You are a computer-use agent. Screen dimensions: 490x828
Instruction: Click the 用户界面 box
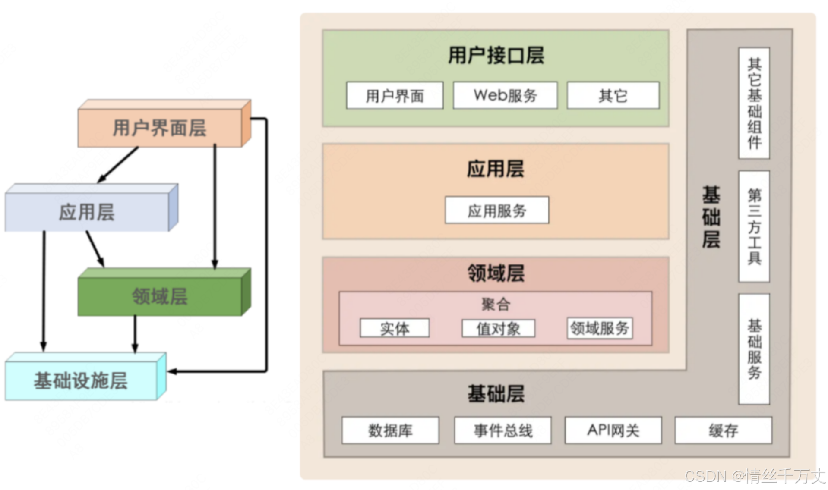[x=395, y=95]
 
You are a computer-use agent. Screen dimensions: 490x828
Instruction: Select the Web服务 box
[x=505, y=95]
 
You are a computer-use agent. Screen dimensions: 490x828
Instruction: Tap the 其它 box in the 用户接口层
[x=613, y=95]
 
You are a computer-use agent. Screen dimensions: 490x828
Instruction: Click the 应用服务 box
[x=497, y=210]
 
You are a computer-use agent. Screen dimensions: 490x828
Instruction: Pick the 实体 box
[x=395, y=328]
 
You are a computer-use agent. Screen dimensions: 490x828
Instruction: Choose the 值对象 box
[x=498, y=329]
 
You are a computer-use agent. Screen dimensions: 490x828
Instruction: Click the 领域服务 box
[x=600, y=328]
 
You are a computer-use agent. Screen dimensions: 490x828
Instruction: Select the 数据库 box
[x=390, y=430]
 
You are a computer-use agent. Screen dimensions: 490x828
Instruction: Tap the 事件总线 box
[x=503, y=430]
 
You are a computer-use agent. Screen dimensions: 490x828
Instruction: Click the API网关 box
[x=613, y=430]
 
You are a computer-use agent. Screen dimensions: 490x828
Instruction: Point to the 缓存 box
[x=723, y=430]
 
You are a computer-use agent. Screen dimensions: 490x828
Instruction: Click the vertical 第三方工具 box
[x=754, y=226]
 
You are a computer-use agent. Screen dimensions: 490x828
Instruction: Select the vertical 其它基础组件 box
[x=754, y=104]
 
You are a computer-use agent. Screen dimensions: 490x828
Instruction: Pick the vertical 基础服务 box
[x=754, y=349]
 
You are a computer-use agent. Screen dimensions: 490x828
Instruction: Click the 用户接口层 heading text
[x=496, y=56]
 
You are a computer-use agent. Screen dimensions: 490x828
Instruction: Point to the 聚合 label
[x=496, y=305]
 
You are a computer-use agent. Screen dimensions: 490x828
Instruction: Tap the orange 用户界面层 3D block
[x=160, y=128]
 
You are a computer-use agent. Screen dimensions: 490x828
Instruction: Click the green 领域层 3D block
[x=160, y=296]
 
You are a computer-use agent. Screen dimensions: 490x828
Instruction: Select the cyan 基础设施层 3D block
[x=81, y=380]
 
